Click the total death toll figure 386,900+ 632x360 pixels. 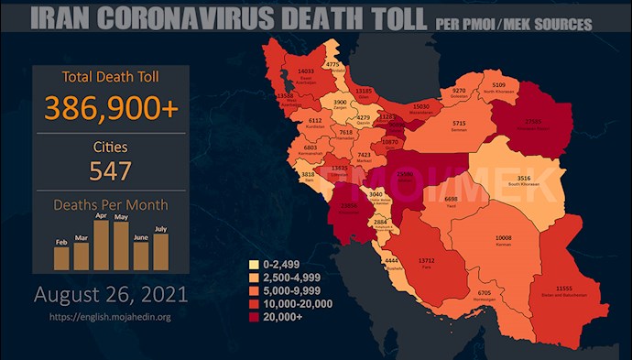pos(110,109)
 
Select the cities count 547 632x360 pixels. pos(110,170)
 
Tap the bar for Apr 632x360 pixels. pos(102,245)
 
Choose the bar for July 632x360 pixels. pos(161,252)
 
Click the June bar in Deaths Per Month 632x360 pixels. pos(141,256)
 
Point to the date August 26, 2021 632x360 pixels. pos(111,295)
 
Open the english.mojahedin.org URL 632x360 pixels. pos(111,317)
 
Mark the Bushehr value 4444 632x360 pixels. pos(391,261)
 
